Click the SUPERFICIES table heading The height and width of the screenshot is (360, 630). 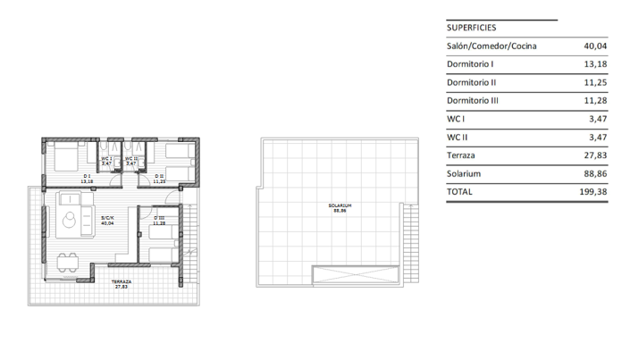coord(473,28)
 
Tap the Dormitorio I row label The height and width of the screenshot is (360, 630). coord(470,64)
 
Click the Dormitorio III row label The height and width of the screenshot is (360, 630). coord(473,101)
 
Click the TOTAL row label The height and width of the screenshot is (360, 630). coord(460,192)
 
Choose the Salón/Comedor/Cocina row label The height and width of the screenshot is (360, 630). coord(492,46)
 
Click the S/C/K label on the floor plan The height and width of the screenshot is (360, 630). coord(107,218)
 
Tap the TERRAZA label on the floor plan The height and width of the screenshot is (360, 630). coord(121,281)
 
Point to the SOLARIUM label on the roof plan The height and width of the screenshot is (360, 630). coord(339,206)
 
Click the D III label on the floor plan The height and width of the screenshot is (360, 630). coord(159,219)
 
